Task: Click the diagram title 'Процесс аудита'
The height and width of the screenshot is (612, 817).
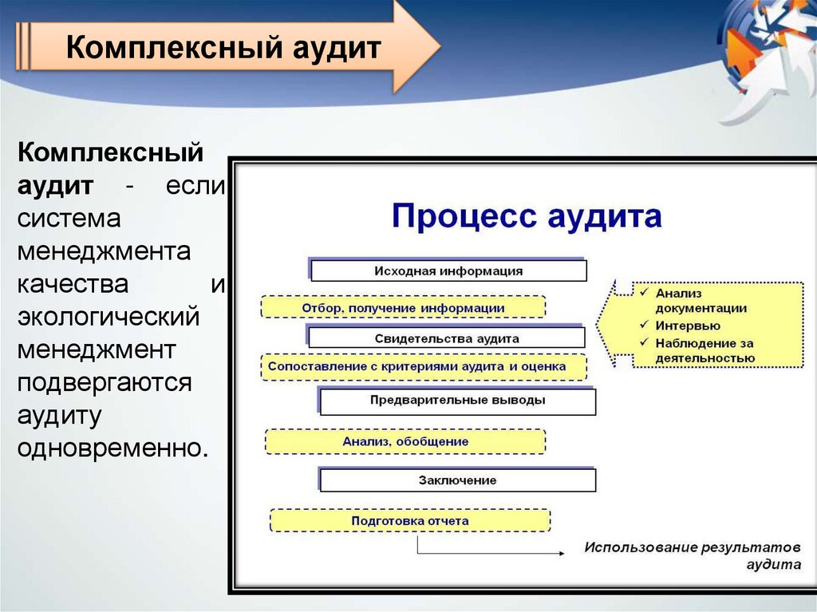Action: click(527, 216)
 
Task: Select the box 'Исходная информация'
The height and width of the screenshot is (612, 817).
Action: click(448, 270)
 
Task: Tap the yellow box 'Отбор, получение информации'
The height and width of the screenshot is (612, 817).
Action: click(403, 307)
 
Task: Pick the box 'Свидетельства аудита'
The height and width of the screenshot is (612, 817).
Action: click(447, 338)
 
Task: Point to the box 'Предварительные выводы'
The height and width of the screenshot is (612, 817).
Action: click(457, 401)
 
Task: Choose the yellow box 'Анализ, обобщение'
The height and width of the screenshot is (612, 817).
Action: click(405, 441)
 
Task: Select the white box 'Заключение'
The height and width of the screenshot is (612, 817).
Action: click(457, 480)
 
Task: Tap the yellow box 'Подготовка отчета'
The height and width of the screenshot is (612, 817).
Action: click(410, 521)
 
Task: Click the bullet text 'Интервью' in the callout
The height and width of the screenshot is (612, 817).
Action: click(688, 326)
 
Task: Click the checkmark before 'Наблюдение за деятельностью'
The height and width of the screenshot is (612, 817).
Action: click(643, 342)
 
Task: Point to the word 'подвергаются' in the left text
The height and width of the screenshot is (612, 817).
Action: click(105, 381)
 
